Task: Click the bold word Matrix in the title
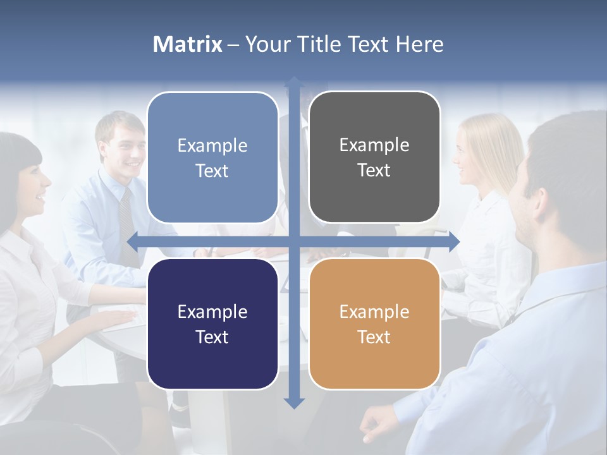(188, 44)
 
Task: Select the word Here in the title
(419, 44)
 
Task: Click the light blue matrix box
(212, 157)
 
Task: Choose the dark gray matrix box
(374, 157)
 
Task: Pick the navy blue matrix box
(212, 324)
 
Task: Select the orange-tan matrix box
(374, 324)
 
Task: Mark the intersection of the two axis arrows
(294, 241)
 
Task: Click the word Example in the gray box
(374, 145)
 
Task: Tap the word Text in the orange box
(374, 337)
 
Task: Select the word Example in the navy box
(212, 312)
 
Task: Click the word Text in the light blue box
(212, 171)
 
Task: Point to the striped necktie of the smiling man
(126, 221)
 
